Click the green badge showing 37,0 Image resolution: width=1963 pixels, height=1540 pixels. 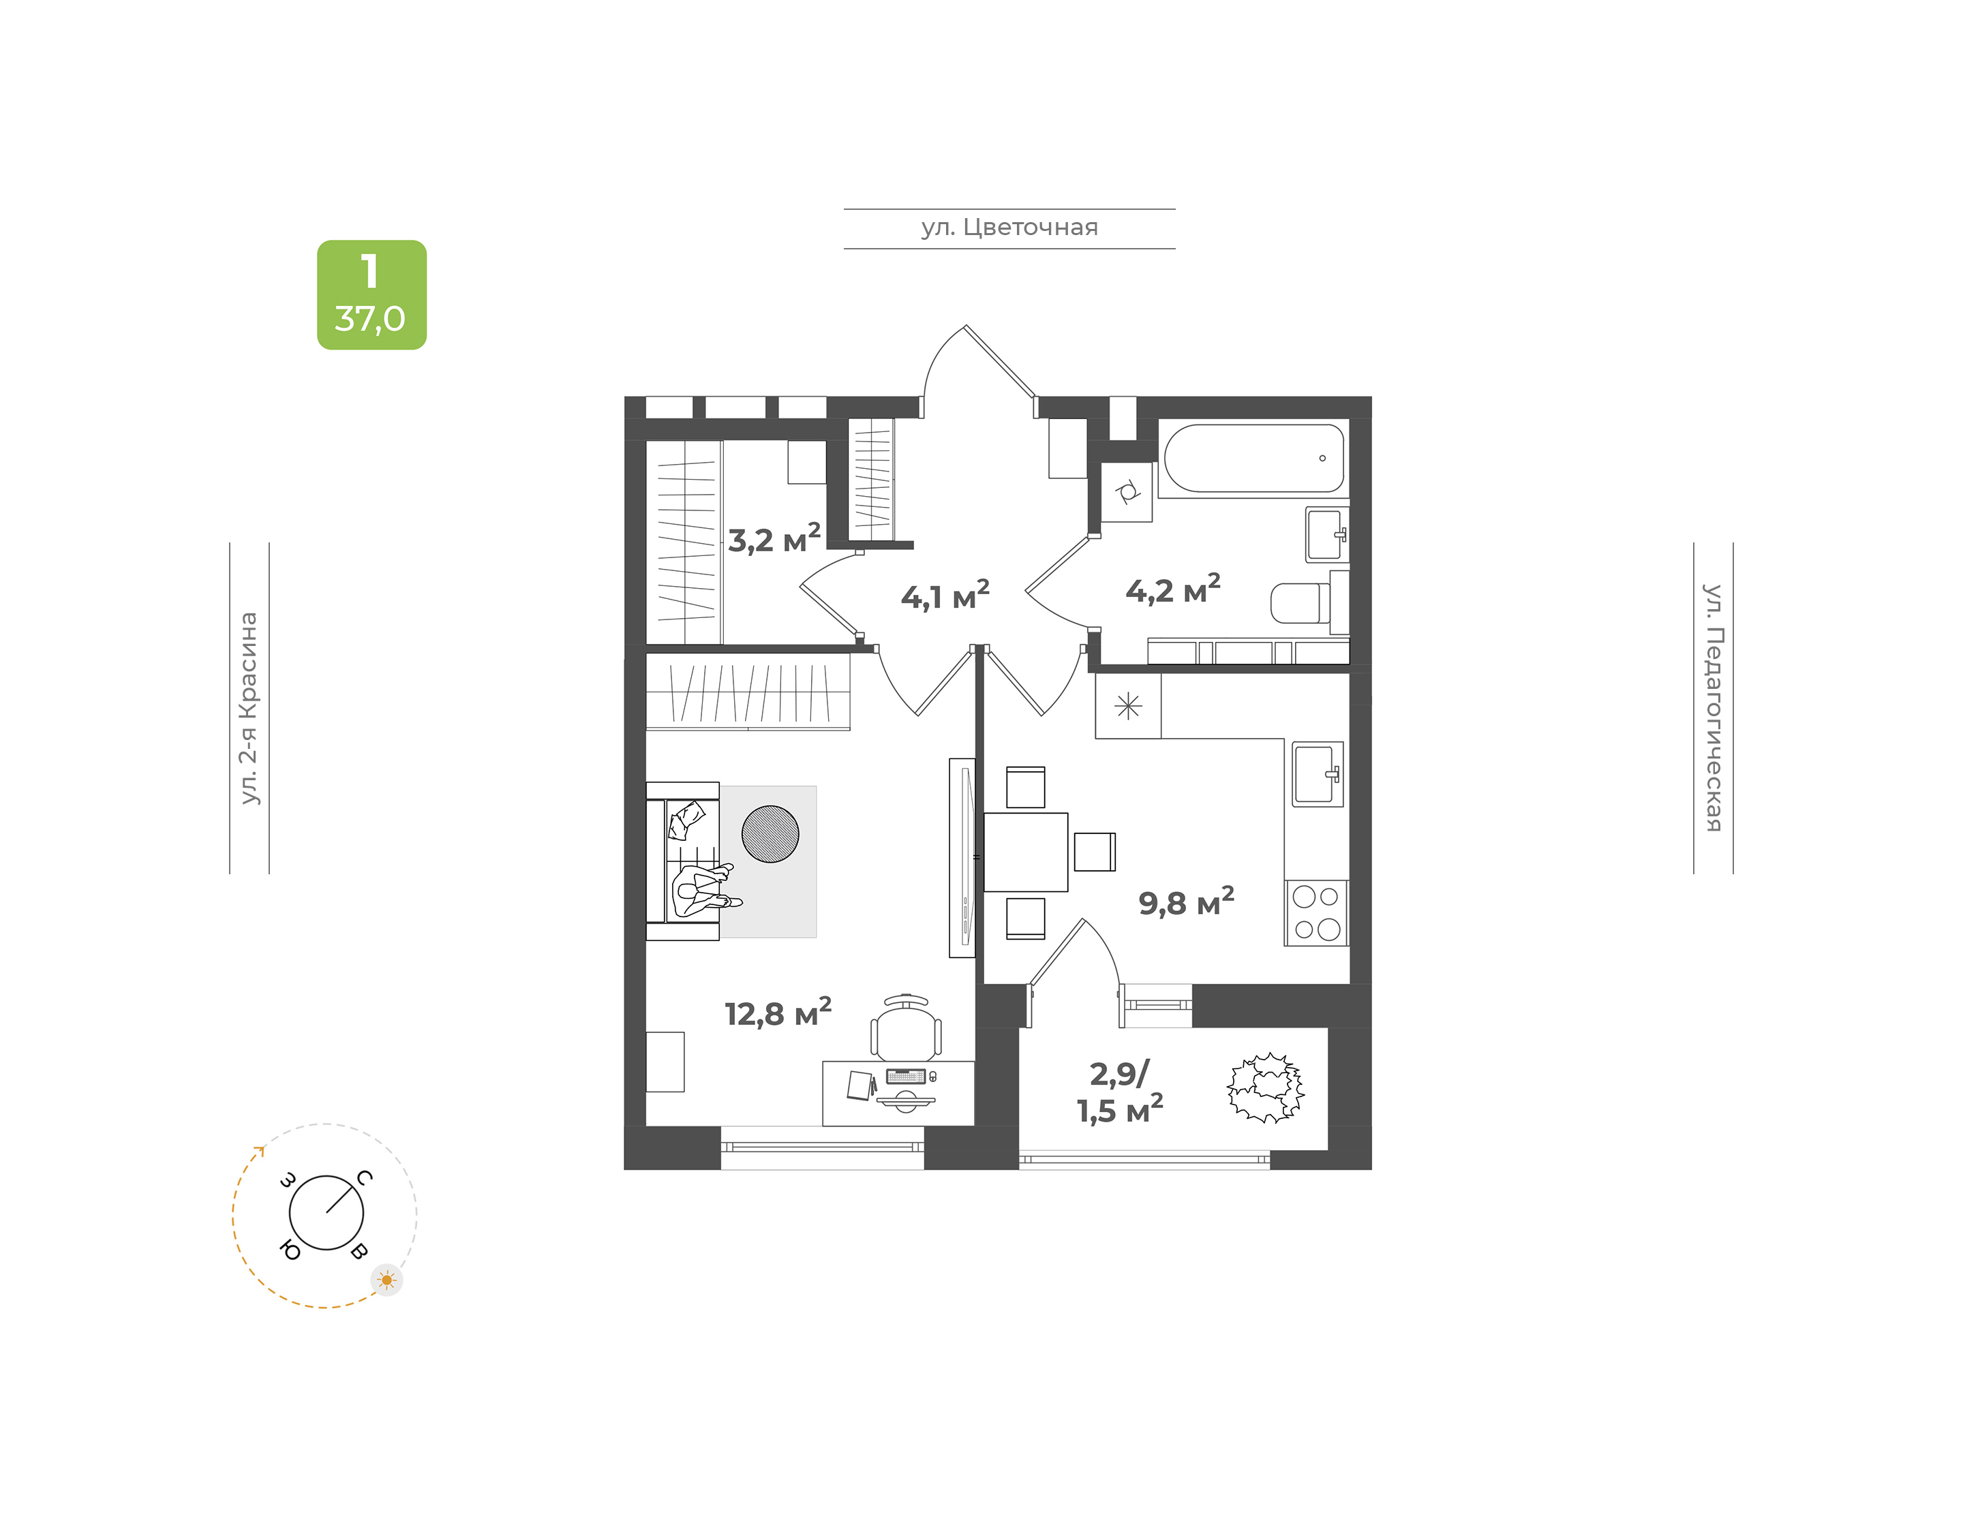tap(371, 295)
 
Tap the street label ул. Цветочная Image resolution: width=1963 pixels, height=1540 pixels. tap(1009, 227)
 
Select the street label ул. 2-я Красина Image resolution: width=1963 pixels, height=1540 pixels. tap(249, 708)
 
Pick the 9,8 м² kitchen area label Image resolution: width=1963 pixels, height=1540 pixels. tap(1186, 902)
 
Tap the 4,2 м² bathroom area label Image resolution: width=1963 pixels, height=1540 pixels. tap(1172, 589)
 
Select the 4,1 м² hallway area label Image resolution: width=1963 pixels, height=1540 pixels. tap(945, 595)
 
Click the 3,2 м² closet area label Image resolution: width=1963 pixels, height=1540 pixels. tap(774, 539)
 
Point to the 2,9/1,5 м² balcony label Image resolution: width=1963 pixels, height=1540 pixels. tap(1120, 1092)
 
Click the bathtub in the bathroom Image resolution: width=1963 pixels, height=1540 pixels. tap(1253, 458)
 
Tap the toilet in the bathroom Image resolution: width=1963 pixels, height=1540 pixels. tap(1301, 602)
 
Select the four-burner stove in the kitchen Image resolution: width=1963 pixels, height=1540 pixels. tap(1315, 913)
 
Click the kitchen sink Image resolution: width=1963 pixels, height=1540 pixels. tap(1318, 773)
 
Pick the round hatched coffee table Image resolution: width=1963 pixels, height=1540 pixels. tap(770, 834)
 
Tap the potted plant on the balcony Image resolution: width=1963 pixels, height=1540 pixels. tap(1266, 1088)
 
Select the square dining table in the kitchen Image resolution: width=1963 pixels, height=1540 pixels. tap(1025, 852)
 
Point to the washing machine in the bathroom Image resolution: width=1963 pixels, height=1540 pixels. tap(1126, 492)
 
